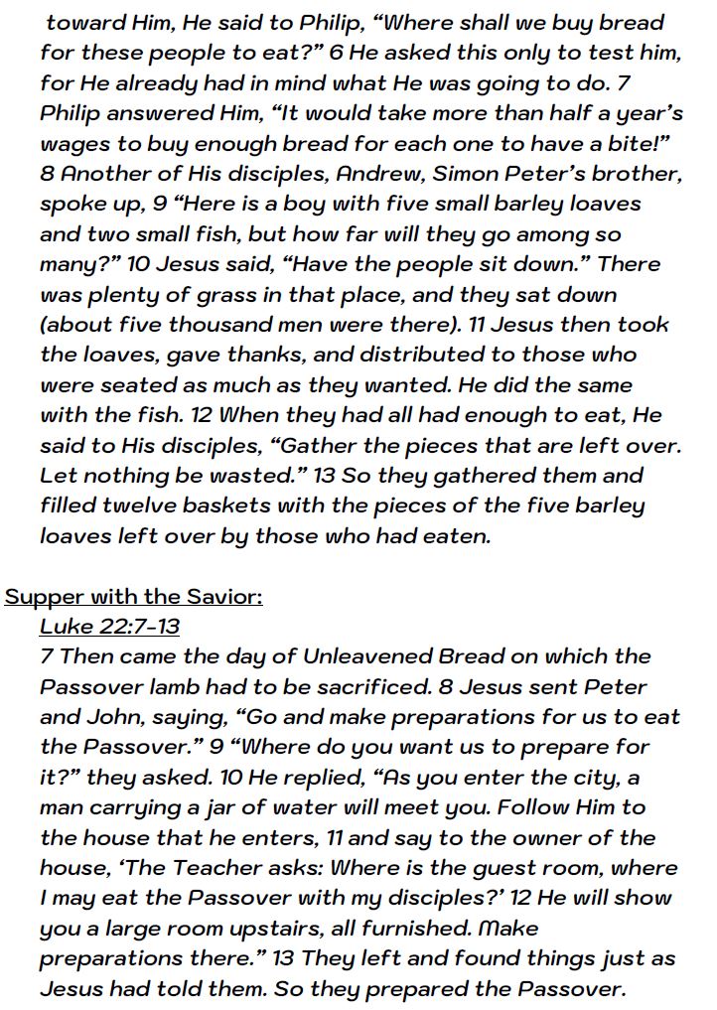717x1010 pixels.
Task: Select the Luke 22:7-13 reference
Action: click(109, 626)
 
